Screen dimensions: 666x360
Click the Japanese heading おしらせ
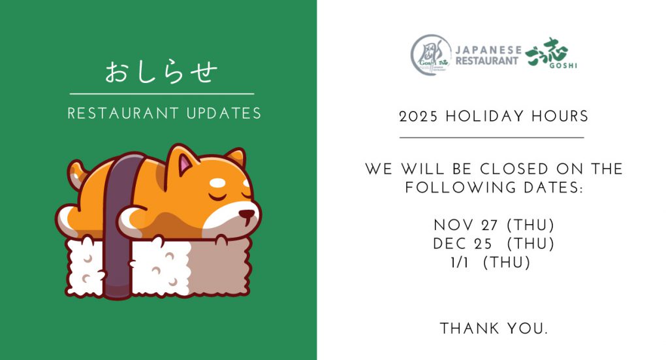[x=161, y=73]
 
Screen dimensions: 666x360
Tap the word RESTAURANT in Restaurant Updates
[x=123, y=114]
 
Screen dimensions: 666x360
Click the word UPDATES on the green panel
[x=224, y=114]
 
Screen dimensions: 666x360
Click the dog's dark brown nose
[x=247, y=214]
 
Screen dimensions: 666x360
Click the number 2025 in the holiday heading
[x=419, y=116]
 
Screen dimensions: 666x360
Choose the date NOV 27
[x=466, y=225]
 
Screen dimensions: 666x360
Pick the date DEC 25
[x=462, y=244]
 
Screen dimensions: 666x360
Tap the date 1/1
[x=460, y=263]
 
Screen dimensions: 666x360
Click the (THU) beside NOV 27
[x=531, y=225]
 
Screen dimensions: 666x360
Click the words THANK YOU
[x=494, y=329]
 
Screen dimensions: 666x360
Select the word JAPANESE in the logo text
[x=488, y=50]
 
